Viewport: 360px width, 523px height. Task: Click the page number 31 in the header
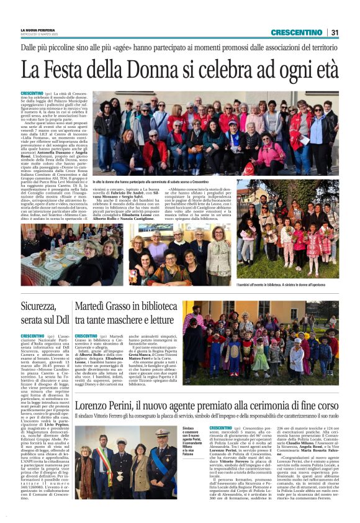(335, 32)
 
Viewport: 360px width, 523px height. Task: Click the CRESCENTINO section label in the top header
(296, 32)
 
